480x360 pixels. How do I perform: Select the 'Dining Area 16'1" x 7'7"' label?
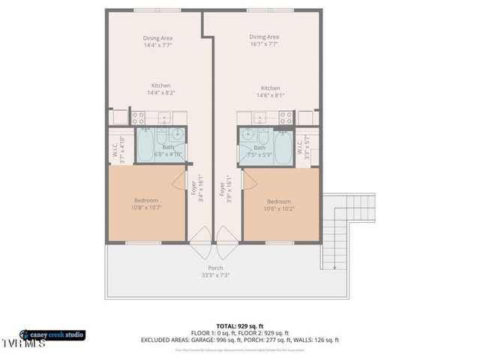[264, 40]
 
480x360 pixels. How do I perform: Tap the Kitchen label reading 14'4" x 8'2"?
[160, 89]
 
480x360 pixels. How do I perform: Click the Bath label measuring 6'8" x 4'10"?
[168, 151]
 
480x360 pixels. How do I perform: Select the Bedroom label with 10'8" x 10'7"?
[146, 204]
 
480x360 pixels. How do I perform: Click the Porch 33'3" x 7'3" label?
[215, 271]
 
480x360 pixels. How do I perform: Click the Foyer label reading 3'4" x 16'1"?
[196, 187]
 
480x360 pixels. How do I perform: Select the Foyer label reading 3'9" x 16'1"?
[226, 187]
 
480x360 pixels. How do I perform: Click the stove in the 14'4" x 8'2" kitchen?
[139, 118]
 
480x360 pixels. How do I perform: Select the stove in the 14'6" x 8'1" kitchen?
[285, 118]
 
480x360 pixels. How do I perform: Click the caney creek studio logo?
[52, 334]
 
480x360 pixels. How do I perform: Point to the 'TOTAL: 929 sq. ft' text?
[239, 326]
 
